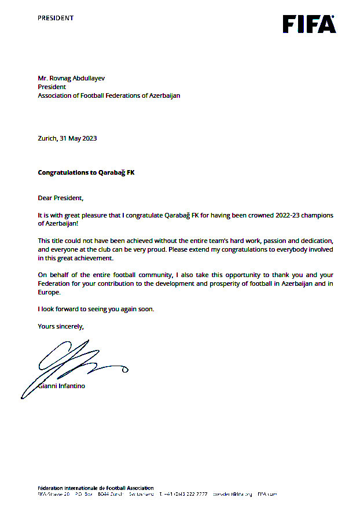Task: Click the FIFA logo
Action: tap(308, 24)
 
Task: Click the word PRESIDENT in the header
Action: tap(56, 18)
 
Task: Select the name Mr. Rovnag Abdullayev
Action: tap(72, 78)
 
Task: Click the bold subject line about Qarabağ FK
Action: tap(86, 172)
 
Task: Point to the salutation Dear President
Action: tap(60, 198)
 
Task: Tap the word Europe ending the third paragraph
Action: tap(49, 292)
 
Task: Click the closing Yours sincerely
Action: tap(60, 326)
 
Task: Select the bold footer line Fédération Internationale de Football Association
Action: tap(95, 488)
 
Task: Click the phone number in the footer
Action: tap(188, 494)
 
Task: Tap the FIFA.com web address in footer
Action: tap(267, 494)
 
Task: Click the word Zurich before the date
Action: tap(47, 138)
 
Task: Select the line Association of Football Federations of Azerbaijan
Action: tap(109, 95)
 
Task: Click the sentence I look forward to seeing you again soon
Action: tap(95, 309)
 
